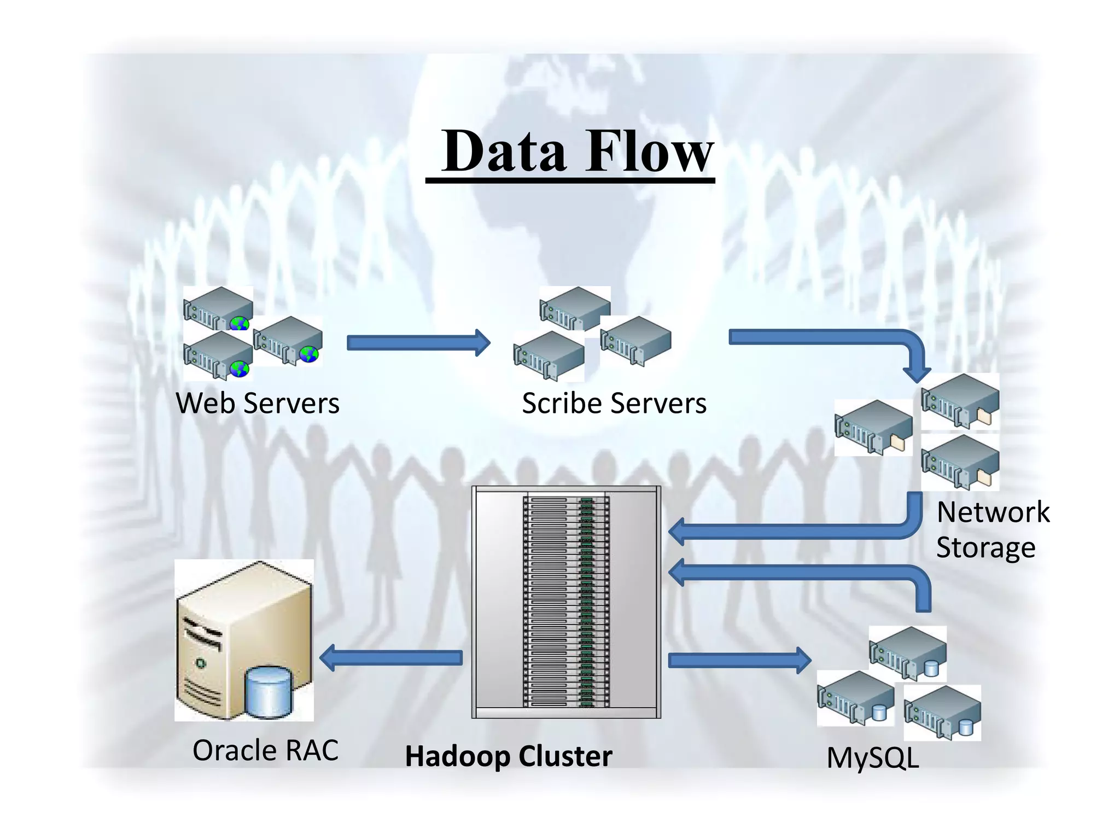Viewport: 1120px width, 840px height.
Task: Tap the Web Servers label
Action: pos(258,404)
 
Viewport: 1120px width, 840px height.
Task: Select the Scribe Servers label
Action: pos(614,404)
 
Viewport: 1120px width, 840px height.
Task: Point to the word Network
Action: pos(993,512)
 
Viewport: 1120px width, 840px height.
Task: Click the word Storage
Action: pos(985,547)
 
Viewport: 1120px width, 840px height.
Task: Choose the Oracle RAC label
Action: pos(265,750)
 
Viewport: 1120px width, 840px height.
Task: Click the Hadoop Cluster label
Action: pos(508,757)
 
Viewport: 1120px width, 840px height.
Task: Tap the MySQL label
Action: pos(872,759)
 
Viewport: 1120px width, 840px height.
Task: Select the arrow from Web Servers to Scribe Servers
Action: pos(418,343)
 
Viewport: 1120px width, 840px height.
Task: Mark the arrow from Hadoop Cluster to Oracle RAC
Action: pos(391,657)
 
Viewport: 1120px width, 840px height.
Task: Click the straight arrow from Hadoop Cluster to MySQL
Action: pos(738,660)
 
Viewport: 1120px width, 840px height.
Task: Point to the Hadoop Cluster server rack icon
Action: pos(566,602)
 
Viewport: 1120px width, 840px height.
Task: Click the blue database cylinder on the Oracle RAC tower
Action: pos(268,691)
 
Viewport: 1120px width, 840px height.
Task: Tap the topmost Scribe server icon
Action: pos(574,308)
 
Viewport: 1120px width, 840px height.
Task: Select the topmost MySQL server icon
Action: pos(908,653)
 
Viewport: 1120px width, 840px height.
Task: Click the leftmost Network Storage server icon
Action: pos(873,427)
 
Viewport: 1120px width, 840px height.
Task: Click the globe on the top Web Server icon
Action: pos(239,323)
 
